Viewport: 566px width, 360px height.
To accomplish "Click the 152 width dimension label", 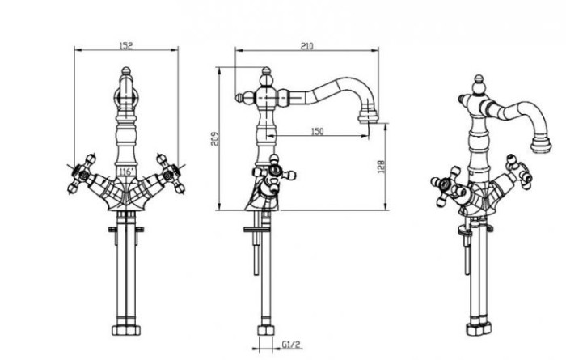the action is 126,45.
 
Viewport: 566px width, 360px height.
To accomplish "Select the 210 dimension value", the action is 306,46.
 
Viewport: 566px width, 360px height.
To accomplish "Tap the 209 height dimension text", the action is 214,138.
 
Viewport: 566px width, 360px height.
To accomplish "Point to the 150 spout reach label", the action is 317,131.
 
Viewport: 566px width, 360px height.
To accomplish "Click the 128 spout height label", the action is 381,167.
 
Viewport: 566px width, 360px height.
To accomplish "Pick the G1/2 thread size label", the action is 291,345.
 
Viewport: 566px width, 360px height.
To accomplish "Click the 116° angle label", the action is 126,172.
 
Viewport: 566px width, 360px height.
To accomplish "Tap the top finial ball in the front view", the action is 125,70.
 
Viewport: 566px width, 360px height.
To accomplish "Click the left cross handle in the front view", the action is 82,174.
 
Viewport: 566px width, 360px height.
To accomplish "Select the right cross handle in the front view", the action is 171,174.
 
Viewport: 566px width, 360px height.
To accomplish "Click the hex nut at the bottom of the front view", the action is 126,330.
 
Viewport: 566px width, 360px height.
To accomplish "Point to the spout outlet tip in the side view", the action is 368,118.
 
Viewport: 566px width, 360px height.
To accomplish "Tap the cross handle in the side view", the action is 274,174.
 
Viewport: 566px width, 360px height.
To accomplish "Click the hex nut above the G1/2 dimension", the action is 266,330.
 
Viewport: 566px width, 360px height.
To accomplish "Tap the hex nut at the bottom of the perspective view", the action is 479,329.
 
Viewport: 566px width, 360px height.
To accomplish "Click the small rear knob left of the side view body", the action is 240,98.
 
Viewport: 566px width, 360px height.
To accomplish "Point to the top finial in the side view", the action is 266,71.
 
